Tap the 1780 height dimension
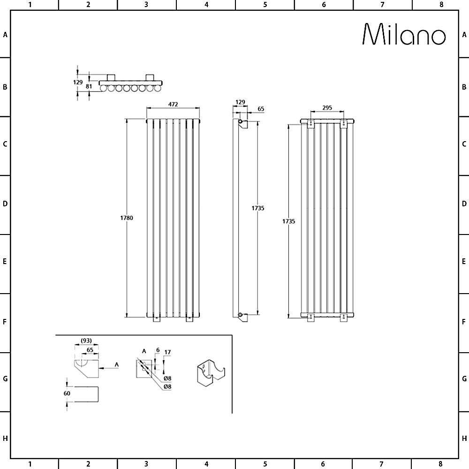(x=127, y=218)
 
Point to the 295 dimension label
(x=327, y=108)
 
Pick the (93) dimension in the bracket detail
(x=86, y=340)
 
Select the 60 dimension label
(x=67, y=393)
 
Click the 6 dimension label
(x=158, y=350)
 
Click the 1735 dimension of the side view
(x=257, y=208)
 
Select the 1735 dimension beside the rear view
(x=288, y=221)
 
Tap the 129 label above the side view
(x=240, y=102)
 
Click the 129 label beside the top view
(x=78, y=82)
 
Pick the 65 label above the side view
(x=261, y=109)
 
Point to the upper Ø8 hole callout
(x=167, y=378)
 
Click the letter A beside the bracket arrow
(x=116, y=364)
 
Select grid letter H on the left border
(x=5, y=439)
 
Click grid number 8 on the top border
(x=441, y=5)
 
